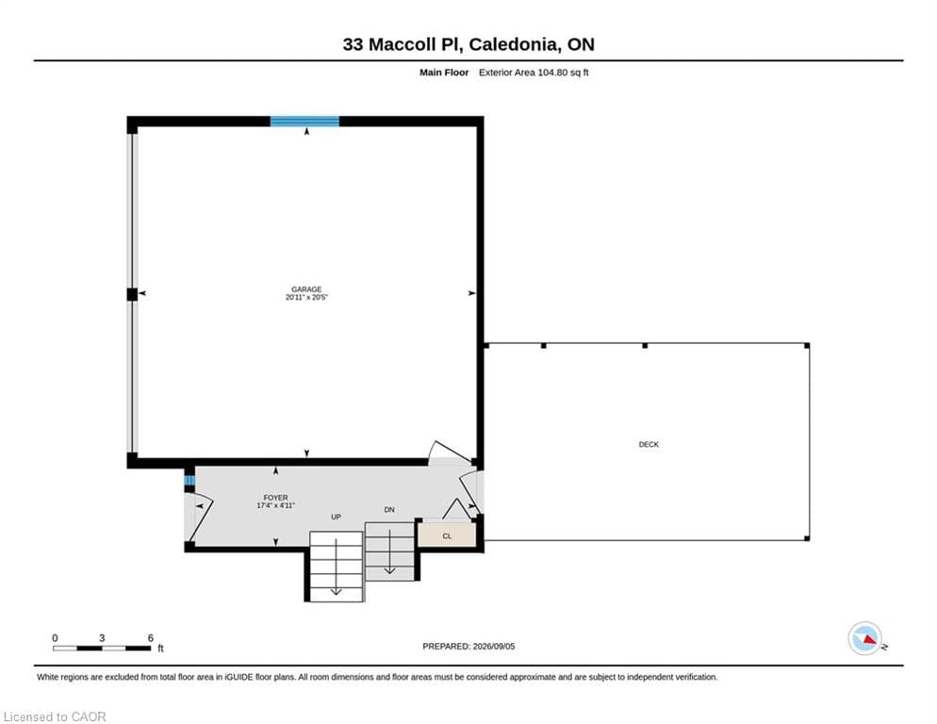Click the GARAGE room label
coord(306,289)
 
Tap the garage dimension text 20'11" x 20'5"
coord(306,297)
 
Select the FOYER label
coord(275,498)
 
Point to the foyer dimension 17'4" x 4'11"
coord(275,505)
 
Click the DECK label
coord(649,444)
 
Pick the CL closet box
coord(447,534)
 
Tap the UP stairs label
coord(336,517)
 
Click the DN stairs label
coord(389,509)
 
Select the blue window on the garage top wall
coord(304,122)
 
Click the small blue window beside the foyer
coord(189,480)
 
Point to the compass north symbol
coord(865,638)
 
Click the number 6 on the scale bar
coord(151,638)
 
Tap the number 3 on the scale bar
coord(102,638)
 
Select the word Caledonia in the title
coord(515,44)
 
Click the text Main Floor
coord(444,73)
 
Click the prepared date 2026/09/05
coord(494,647)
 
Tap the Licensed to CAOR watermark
coord(55,716)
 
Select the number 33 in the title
coord(353,44)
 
